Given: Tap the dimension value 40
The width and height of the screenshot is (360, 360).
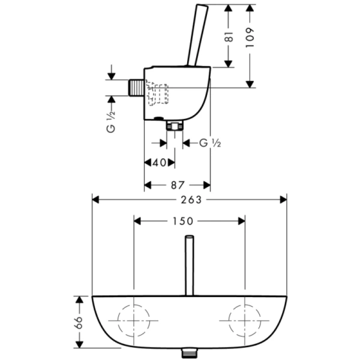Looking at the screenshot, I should (159, 163).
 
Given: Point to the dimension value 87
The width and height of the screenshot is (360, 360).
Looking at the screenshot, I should (177, 185).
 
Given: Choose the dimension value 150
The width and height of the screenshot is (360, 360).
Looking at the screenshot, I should (188, 221).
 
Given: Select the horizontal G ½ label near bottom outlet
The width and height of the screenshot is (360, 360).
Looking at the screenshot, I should (210, 143).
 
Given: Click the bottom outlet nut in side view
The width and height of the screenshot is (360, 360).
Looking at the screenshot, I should (175, 125).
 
